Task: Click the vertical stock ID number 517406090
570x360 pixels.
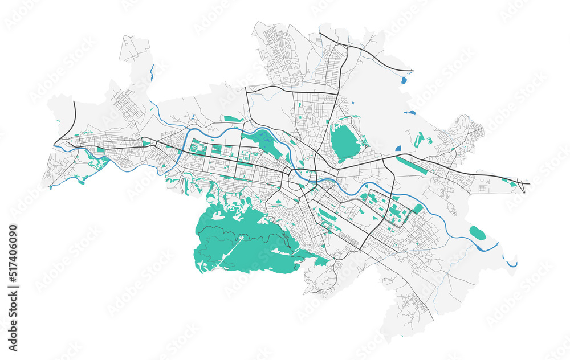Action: tap(13, 288)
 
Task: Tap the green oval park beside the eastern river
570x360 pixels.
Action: tap(477, 232)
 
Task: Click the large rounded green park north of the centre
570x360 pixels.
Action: tap(345, 142)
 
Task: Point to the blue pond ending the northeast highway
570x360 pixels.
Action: tap(404, 80)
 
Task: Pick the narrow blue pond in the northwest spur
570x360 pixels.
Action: tap(152, 72)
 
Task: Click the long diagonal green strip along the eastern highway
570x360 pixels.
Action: tap(415, 165)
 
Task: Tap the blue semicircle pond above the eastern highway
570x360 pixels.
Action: tap(398, 149)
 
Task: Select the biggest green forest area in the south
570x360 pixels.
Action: tap(239, 239)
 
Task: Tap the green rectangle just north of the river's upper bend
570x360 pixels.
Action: tap(233, 118)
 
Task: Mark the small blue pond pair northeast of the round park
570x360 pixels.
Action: tap(410, 113)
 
